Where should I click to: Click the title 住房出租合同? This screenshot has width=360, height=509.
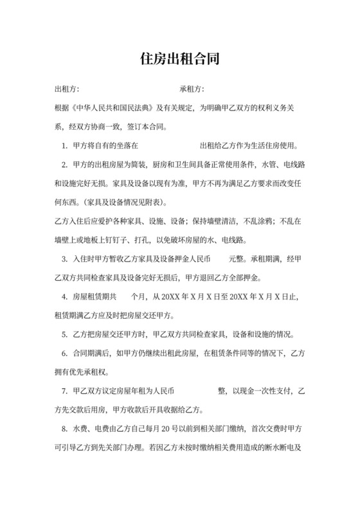coord(180,60)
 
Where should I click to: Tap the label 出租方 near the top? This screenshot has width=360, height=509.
coord(66,89)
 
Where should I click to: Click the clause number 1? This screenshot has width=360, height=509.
coord(65,145)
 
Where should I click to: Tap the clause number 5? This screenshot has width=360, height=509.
coord(65,334)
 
